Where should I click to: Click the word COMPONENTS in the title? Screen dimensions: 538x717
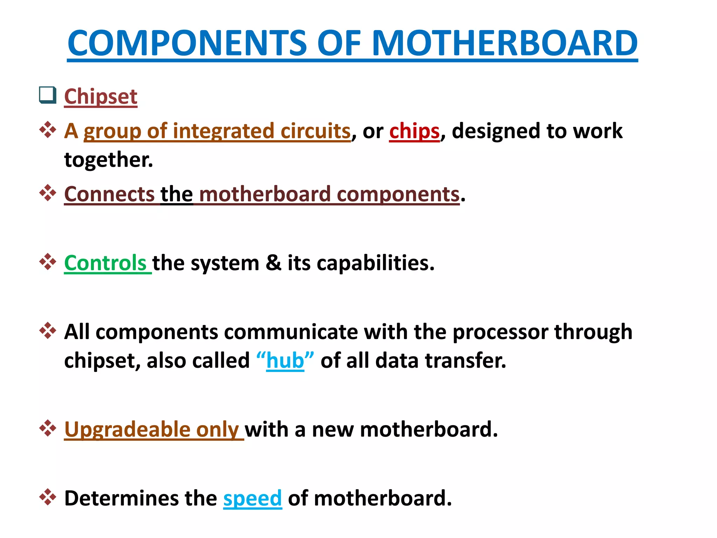(187, 43)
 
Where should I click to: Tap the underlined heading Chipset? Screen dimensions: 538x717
(101, 96)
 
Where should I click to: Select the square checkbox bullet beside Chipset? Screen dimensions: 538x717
(48, 95)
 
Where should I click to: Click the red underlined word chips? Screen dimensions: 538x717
(414, 131)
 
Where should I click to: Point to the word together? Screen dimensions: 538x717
(109, 160)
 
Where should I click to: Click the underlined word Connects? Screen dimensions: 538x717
(109, 194)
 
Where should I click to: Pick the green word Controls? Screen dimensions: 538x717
(105, 263)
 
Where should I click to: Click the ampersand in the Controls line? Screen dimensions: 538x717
(273, 263)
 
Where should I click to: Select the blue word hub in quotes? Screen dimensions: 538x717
(285, 360)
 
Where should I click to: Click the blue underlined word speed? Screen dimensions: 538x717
(252, 498)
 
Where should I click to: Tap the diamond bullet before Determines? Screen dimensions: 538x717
(48, 497)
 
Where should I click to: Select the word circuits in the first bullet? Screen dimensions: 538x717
(315, 131)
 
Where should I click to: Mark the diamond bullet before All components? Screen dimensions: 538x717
(48, 330)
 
